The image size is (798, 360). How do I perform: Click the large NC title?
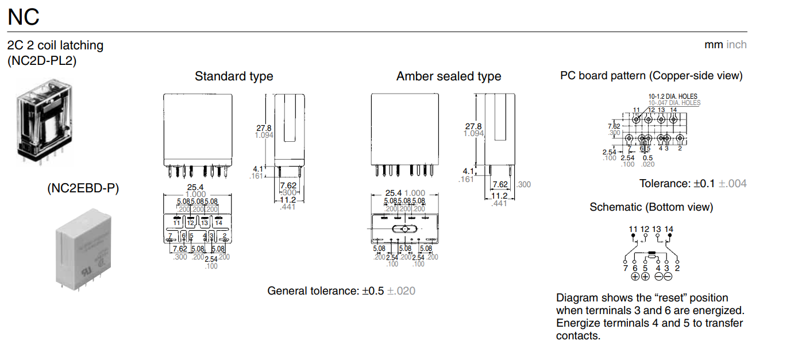[24, 17]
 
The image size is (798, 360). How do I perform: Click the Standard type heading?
[234, 76]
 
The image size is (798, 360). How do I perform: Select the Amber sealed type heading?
[448, 76]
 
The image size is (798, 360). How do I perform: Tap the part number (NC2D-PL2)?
[42, 60]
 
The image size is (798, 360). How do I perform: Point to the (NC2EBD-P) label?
[83, 188]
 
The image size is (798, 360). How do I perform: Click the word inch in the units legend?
[737, 45]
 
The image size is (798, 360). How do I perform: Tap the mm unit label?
[714, 45]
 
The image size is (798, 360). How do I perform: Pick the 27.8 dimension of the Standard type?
[264, 127]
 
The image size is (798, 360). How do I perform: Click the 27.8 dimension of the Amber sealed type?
[473, 126]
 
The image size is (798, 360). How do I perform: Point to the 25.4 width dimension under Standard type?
[196, 187]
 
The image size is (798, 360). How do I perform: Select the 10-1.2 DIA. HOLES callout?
[673, 96]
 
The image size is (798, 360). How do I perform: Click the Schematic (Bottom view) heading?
[651, 207]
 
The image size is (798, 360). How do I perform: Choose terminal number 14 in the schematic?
[669, 229]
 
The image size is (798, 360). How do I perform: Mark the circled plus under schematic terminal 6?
[635, 276]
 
